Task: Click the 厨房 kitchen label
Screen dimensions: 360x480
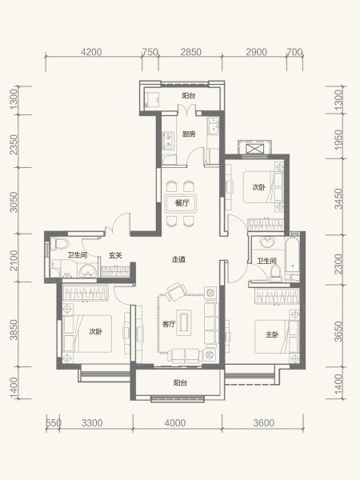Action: tap(189, 134)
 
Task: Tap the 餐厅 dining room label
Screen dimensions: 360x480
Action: tap(182, 203)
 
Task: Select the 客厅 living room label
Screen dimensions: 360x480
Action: tap(169, 324)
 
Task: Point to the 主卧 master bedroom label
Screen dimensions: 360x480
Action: tap(272, 334)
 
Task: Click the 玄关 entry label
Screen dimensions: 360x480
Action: tap(116, 255)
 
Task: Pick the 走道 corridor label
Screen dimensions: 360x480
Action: tap(178, 259)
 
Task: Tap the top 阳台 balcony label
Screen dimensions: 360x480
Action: tap(189, 96)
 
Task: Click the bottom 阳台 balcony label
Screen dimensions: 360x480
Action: tap(180, 382)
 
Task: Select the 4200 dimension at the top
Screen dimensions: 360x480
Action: tap(91, 52)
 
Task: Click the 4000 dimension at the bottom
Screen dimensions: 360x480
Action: tap(174, 423)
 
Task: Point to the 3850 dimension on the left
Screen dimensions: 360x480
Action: tap(14, 330)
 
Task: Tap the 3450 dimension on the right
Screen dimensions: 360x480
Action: tap(338, 198)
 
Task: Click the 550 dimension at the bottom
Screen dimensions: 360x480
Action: tap(54, 423)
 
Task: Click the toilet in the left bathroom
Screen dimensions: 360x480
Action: tap(61, 244)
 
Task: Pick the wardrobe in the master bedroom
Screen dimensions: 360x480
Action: tap(277, 296)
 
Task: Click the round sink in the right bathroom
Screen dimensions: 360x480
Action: tap(269, 242)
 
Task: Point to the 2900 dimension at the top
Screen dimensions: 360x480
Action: tap(256, 52)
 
